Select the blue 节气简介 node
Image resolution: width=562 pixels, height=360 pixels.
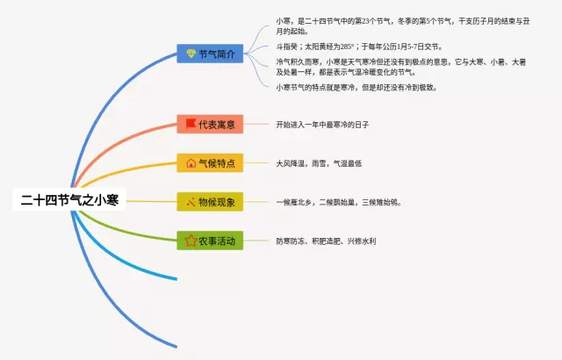coord(210,54)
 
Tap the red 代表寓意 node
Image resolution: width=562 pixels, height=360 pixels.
coord(210,124)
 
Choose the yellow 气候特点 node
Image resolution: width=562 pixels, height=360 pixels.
coord(210,162)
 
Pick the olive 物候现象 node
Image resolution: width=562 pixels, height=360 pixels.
coord(210,202)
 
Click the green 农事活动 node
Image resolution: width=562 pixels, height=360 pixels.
coord(210,240)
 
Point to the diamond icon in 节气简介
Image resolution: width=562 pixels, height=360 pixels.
coord(191,54)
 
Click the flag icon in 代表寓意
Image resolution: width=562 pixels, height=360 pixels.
coord(191,124)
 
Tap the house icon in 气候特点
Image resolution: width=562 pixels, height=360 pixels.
coord(191,162)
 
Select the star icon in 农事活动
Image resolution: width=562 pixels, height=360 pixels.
coord(191,240)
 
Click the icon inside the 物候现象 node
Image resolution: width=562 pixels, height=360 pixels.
coord(191,202)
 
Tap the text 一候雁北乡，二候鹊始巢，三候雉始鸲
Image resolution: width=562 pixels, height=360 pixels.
coord(338,202)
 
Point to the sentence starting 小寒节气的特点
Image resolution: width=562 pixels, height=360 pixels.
coord(356,87)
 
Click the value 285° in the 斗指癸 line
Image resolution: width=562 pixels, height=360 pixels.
coord(349,47)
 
